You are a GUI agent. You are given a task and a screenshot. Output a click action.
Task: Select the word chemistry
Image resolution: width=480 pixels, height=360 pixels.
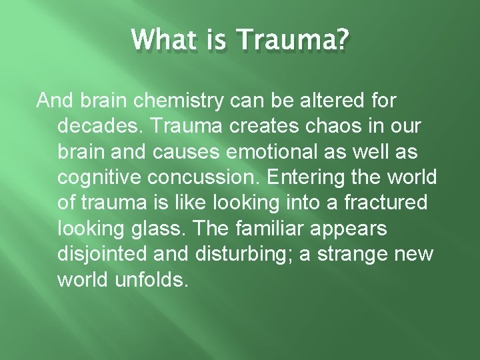tap(177, 102)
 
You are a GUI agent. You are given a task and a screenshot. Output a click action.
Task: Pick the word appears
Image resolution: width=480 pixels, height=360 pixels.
tap(353, 229)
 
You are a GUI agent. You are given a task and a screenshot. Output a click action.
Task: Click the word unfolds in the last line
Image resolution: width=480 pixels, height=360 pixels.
tap(151, 279)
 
